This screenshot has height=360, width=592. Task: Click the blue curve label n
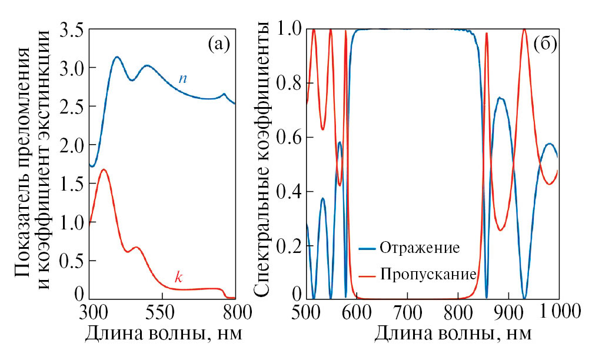(x=183, y=78)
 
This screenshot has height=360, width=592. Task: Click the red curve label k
(x=179, y=276)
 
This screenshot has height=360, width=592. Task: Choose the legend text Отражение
(x=419, y=247)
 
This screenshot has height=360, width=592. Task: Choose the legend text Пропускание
(x=428, y=274)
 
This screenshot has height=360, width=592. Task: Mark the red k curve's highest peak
(x=104, y=169)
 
